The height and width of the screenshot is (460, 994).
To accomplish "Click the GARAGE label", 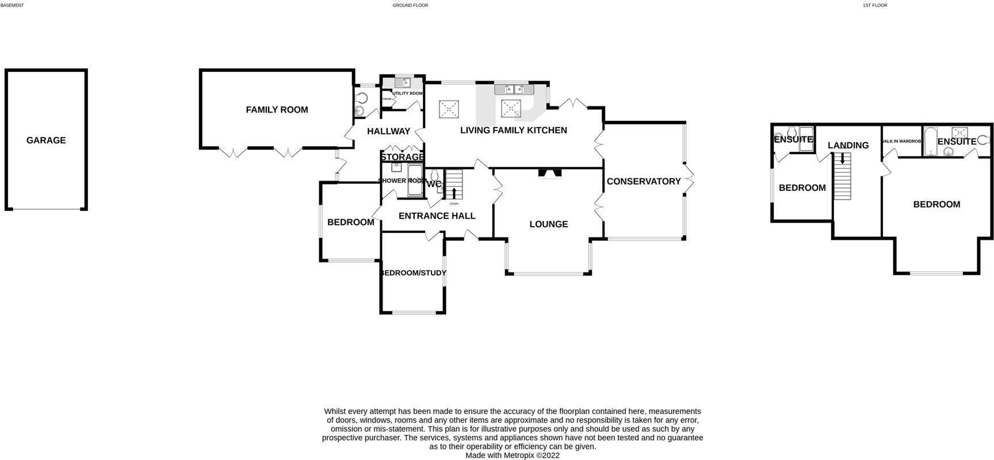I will [x=46, y=140].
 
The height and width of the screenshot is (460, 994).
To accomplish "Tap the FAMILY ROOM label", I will [x=277, y=110].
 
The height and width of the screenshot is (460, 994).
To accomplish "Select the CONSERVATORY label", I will [x=644, y=182].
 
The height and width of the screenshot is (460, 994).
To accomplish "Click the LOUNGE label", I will [x=548, y=224].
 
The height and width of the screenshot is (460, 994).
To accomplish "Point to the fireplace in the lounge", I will [x=549, y=174].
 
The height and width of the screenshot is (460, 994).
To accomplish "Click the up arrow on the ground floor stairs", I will [x=454, y=192].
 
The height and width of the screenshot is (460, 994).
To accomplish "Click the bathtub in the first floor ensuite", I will [x=931, y=142].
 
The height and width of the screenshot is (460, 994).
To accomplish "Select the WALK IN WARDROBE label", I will [x=901, y=141].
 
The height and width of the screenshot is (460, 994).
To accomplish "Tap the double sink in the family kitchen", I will [x=514, y=89].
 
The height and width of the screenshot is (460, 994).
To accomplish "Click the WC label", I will [x=434, y=185].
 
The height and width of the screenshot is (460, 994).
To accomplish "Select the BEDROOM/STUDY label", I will [x=412, y=273].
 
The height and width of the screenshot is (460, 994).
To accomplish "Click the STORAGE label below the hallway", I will [x=402, y=158].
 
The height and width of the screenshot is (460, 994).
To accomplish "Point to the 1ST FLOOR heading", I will [x=874, y=5].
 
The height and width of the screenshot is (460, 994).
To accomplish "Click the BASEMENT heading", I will [x=12, y=5].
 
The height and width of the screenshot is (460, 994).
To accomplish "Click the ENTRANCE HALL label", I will [x=437, y=216].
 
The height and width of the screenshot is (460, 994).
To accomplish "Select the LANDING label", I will [x=848, y=145].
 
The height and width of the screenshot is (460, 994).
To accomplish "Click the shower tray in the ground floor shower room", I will [x=415, y=181].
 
